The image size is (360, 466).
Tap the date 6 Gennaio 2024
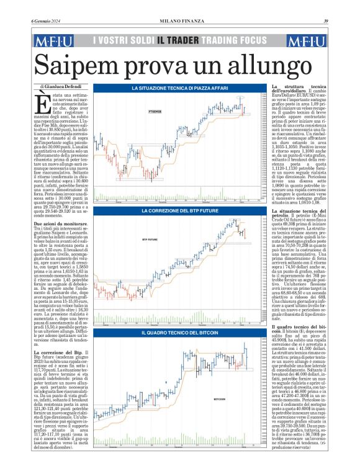tap(47, 22)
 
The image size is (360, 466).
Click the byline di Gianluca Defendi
tap(60, 86)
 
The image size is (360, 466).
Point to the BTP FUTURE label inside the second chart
tap(151, 238)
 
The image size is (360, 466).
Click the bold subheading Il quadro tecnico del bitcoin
tap(300, 325)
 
